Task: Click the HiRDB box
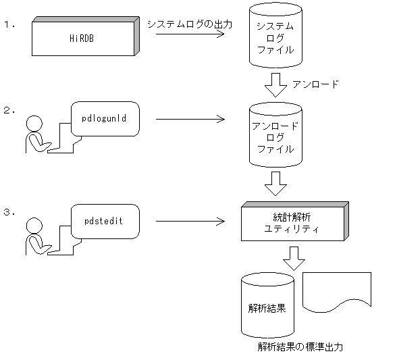pyautogui.click(x=85, y=38)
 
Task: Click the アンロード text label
pyautogui.click(x=315, y=85)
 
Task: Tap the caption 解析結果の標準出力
pyautogui.click(x=300, y=347)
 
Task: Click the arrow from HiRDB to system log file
pyautogui.click(x=189, y=32)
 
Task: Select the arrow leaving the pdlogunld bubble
pyautogui.click(x=189, y=120)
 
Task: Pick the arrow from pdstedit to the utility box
pyautogui.click(x=189, y=221)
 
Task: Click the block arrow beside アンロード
pyautogui.click(x=275, y=86)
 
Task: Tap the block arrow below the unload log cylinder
pyautogui.click(x=275, y=182)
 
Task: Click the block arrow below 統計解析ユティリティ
pyautogui.click(x=293, y=257)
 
